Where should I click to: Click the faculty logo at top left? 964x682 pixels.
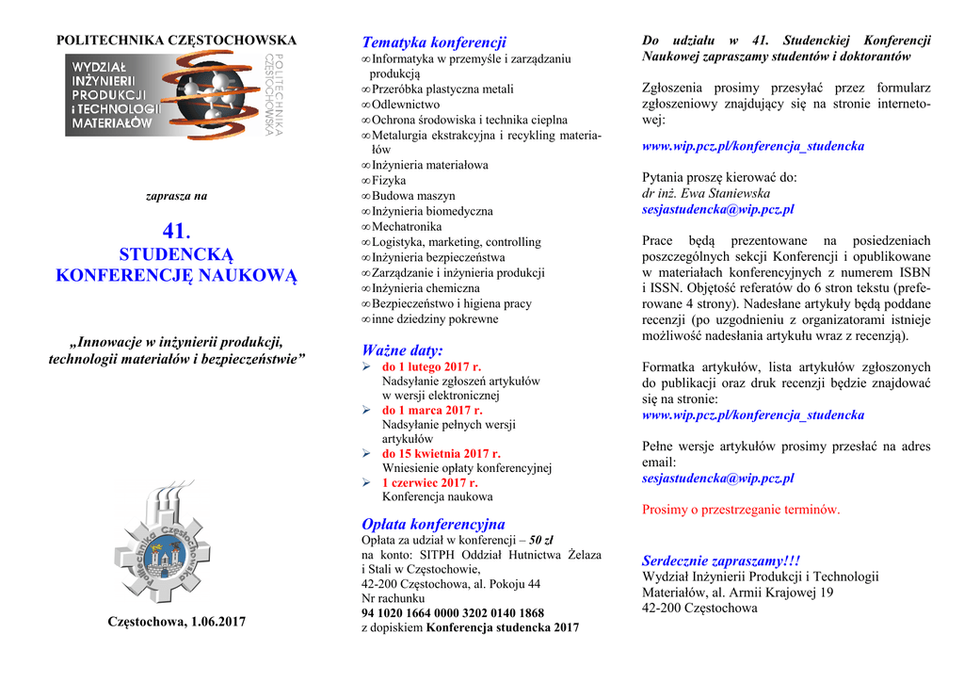175,94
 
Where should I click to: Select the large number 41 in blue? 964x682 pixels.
176,232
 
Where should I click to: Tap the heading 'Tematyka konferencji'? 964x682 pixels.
434,42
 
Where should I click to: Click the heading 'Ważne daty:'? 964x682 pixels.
402,350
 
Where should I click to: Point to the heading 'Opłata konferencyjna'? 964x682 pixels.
433,524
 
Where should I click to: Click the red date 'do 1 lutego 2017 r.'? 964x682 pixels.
431,366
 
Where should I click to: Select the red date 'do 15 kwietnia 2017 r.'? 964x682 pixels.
441,453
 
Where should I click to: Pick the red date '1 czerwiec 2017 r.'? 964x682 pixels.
429,482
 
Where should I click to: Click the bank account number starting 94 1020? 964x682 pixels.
453,613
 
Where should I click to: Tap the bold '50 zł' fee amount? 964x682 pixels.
541,541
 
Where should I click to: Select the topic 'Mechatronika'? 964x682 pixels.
407,227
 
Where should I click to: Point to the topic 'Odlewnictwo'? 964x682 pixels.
406,105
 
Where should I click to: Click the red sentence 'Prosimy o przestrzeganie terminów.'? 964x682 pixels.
740,510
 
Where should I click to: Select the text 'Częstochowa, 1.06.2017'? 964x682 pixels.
177,622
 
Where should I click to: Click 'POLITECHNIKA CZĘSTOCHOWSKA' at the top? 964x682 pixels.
177,41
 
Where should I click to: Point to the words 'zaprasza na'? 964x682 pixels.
177,197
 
